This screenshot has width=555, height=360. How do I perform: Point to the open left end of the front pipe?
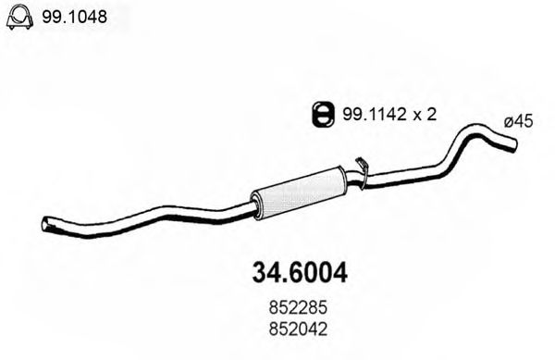click(46, 223)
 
